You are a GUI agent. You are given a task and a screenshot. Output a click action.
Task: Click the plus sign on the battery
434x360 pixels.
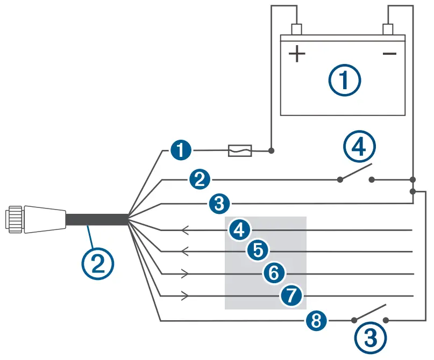(x=296, y=54)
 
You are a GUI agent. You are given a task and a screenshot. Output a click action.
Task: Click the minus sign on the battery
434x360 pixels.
(x=389, y=54)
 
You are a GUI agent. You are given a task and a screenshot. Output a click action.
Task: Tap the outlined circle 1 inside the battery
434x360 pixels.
(x=344, y=81)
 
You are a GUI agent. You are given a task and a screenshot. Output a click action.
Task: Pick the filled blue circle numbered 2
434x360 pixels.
(x=200, y=179)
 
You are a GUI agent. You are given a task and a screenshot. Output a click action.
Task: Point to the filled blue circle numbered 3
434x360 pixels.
(x=218, y=204)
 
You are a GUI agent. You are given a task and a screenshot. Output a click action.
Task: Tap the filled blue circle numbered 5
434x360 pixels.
(x=258, y=250)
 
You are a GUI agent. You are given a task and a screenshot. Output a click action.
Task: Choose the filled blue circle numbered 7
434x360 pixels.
(x=291, y=296)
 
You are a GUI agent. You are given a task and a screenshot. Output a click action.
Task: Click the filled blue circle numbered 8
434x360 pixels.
(x=316, y=321)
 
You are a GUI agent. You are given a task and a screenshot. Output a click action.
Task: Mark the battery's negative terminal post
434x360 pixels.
(x=388, y=28)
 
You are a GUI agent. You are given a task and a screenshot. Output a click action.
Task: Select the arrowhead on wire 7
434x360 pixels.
(x=186, y=296)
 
